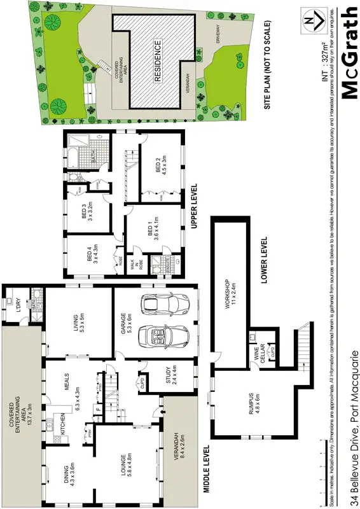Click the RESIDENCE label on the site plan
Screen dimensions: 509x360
click(x=158, y=62)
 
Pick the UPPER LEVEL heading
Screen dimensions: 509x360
click(x=195, y=207)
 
